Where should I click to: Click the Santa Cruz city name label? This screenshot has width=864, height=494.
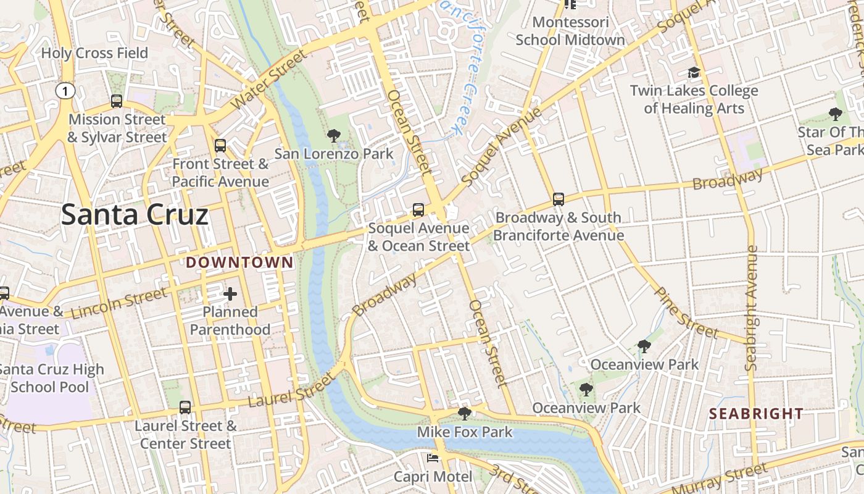point(135,215)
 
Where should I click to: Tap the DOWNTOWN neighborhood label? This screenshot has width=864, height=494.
point(240,262)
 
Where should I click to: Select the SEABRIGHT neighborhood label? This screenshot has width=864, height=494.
point(756,414)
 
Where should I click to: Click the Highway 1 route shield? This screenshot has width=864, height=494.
point(65,91)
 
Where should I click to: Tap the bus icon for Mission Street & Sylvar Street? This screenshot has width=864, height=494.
point(117,101)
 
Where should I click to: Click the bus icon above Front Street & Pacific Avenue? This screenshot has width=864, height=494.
point(220,146)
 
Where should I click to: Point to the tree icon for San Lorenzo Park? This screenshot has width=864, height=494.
point(334,135)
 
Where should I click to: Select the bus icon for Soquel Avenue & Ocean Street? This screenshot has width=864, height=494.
point(418,210)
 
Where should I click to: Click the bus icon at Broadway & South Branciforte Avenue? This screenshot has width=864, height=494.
point(559,199)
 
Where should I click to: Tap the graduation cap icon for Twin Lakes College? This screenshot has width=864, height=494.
point(694,73)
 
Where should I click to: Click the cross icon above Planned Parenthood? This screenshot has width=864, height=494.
point(230,294)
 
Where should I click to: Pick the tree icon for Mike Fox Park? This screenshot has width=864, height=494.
point(465,414)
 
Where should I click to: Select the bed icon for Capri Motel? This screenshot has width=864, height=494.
point(433,458)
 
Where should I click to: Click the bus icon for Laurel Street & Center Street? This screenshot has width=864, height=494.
point(185,408)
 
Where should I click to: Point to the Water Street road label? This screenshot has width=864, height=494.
point(269,81)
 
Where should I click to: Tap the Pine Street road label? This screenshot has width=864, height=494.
point(686,313)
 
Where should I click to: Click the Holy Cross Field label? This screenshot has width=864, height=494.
point(94,53)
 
